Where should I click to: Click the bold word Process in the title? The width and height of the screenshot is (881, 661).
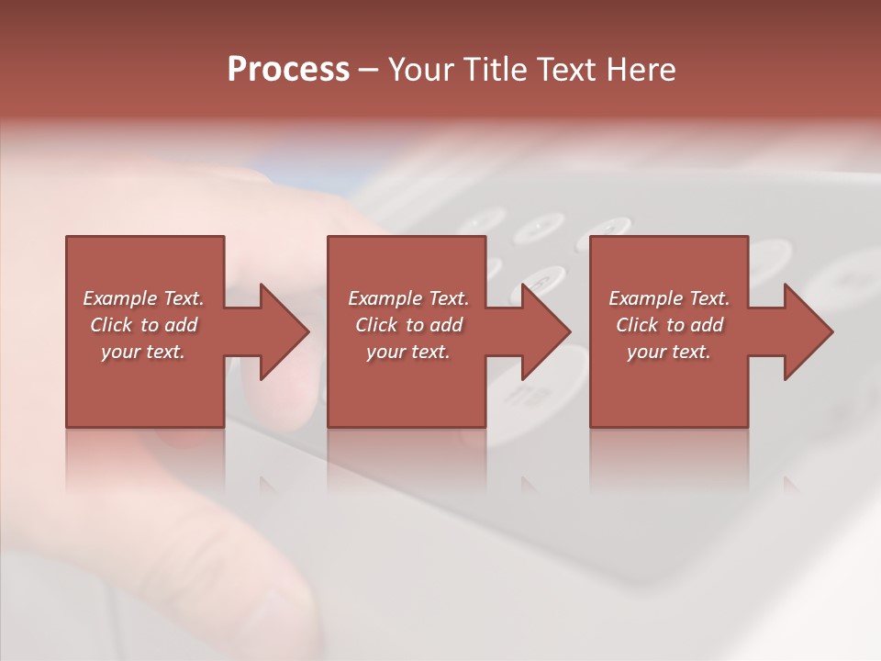[x=288, y=70]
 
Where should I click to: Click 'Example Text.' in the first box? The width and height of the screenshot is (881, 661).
[x=144, y=298]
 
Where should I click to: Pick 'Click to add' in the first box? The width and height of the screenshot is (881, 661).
[x=144, y=325]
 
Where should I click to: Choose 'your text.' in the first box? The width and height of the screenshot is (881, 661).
[x=144, y=352]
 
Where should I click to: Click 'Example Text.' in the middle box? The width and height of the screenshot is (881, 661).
[x=408, y=298]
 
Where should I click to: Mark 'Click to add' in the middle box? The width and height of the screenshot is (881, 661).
[x=408, y=325]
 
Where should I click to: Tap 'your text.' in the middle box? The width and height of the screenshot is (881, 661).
[x=408, y=352]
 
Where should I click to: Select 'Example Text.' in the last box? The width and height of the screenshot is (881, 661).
[x=669, y=298]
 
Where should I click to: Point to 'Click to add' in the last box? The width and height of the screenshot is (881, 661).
[x=669, y=325]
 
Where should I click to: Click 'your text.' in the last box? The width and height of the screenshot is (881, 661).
[x=669, y=352]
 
